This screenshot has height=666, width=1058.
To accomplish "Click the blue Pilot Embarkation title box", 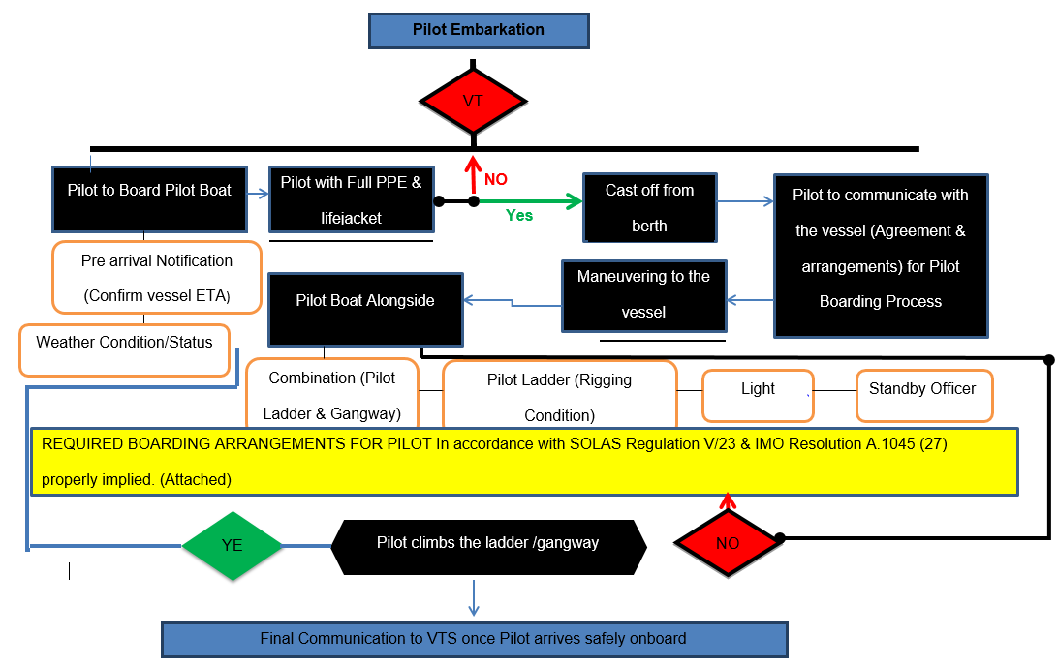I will pyautogui.click(x=479, y=30).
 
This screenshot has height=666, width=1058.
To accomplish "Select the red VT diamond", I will pyautogui.click(x=473, y=102).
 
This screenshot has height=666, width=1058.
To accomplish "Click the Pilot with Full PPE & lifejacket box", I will pyautogui.click(x=351, y=199).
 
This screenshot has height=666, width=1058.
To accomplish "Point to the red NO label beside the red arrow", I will pyautogui.click(x=496, y=180).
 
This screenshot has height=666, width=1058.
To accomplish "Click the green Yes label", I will pyautogui.click(x=519, y=215).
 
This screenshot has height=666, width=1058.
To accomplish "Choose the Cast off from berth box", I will pyautogui.click(x=649, y=207).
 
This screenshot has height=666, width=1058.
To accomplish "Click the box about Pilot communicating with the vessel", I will pyautogui.click(x=880, y=256).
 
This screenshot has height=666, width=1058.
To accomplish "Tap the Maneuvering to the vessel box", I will pyautogui.click(x=643, y=294).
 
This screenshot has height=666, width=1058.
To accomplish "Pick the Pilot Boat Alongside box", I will pyautogui.click(x=365, y=309).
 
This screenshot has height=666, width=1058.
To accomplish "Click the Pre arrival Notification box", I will pyautogui.click(x=157, y=277).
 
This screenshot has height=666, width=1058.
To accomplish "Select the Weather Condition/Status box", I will pyautogui.click(x=124, y=350).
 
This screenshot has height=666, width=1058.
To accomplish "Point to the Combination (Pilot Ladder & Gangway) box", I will pyautogui.click(x=332, y=395).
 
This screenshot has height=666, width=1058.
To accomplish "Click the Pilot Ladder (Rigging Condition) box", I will pyautogui.click(x=559, y=395).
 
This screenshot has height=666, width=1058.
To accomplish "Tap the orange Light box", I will pyautogui.click(x=758, y=395).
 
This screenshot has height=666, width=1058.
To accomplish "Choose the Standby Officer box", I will pyautogui.click(x=923, y=395).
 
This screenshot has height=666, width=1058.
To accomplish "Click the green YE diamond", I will pyautogui.click(x=233, y=546).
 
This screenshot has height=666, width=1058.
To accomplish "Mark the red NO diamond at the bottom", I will pyautogui.click(x=728, y=544).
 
